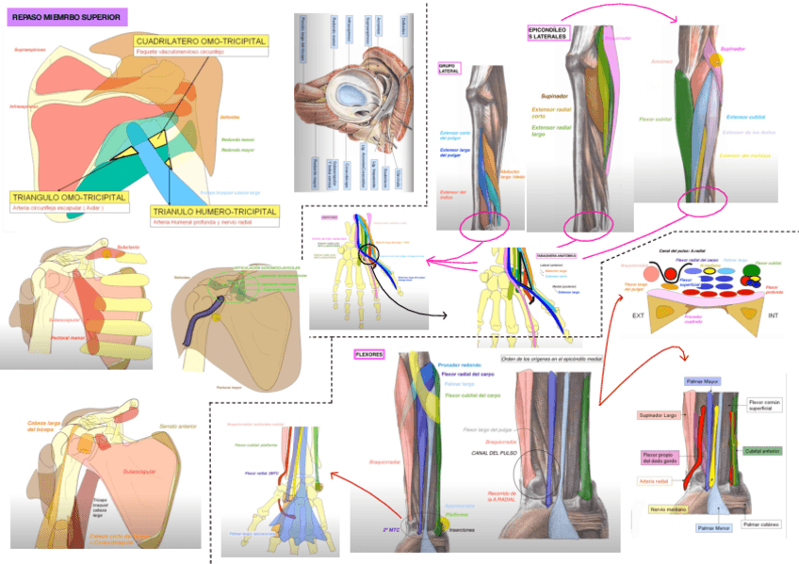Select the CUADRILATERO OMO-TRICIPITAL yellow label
tap(201, 41)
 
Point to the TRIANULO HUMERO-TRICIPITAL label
tap(216, 212)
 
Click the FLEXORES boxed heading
tap(367, 355)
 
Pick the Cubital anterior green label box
tap(764, 452)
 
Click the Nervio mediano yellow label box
tap(667, 509)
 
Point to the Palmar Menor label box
tap(714, 530)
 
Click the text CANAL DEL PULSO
tap(496, 452)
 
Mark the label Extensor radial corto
tap(552, 114)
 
